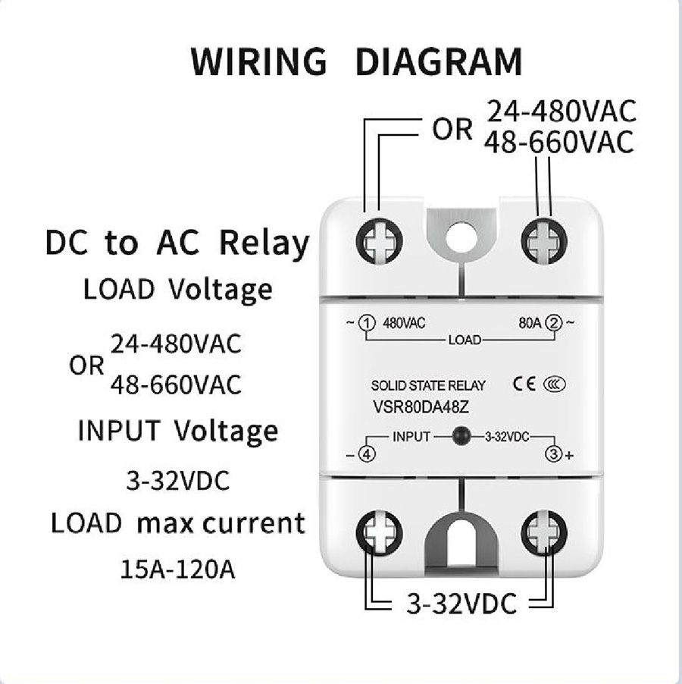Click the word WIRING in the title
258,61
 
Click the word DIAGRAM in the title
439,61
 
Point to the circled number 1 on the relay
367,323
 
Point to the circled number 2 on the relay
555,323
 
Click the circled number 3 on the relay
554,454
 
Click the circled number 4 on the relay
366,455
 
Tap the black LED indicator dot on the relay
458,437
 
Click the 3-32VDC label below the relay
461,604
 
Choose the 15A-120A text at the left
177,569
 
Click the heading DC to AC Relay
177,244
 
